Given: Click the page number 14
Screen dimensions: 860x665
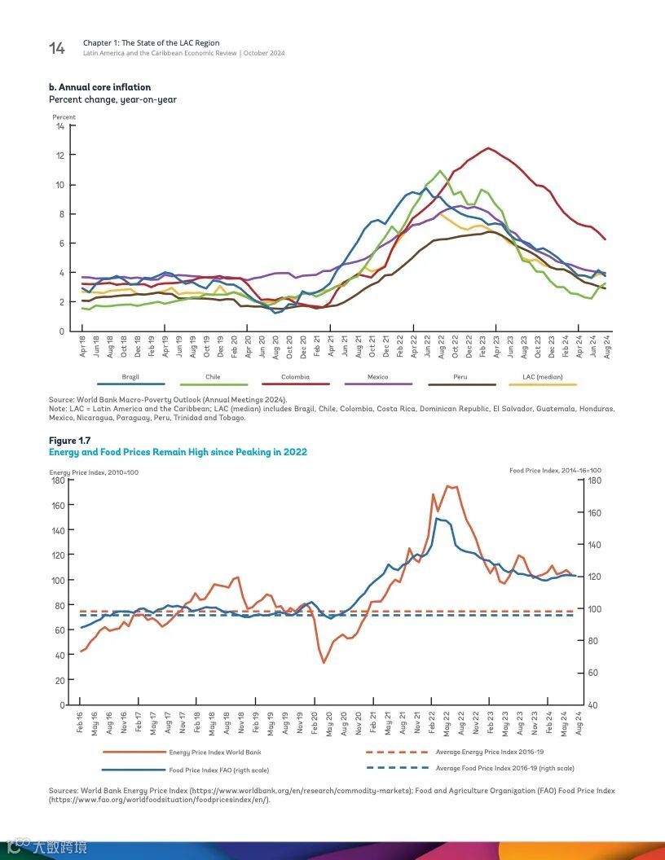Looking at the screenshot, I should (56, 49).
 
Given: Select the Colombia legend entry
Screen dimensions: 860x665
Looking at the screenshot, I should (295, 377).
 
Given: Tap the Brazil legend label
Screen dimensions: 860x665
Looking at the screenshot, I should (130, 377).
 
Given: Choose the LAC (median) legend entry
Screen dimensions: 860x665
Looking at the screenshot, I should (543, 377).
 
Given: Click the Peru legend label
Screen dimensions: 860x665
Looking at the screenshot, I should (460, 377).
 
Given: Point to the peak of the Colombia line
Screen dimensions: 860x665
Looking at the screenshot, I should (487, 148).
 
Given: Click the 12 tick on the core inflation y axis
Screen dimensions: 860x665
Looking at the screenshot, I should (60, 155).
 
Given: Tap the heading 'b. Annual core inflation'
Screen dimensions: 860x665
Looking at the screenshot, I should (100, 87).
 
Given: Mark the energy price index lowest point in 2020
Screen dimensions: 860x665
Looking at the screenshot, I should (324, 662).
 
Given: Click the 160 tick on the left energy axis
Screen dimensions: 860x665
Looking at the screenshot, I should (58, 505).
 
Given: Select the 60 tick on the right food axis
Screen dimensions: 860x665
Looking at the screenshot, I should (593, 673).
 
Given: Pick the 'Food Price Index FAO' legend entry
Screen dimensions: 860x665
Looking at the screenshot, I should (218, 770).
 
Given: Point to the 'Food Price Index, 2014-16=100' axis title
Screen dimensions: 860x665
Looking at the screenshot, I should (555, 471).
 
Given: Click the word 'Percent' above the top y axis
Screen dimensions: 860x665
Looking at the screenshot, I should (64, 117).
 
